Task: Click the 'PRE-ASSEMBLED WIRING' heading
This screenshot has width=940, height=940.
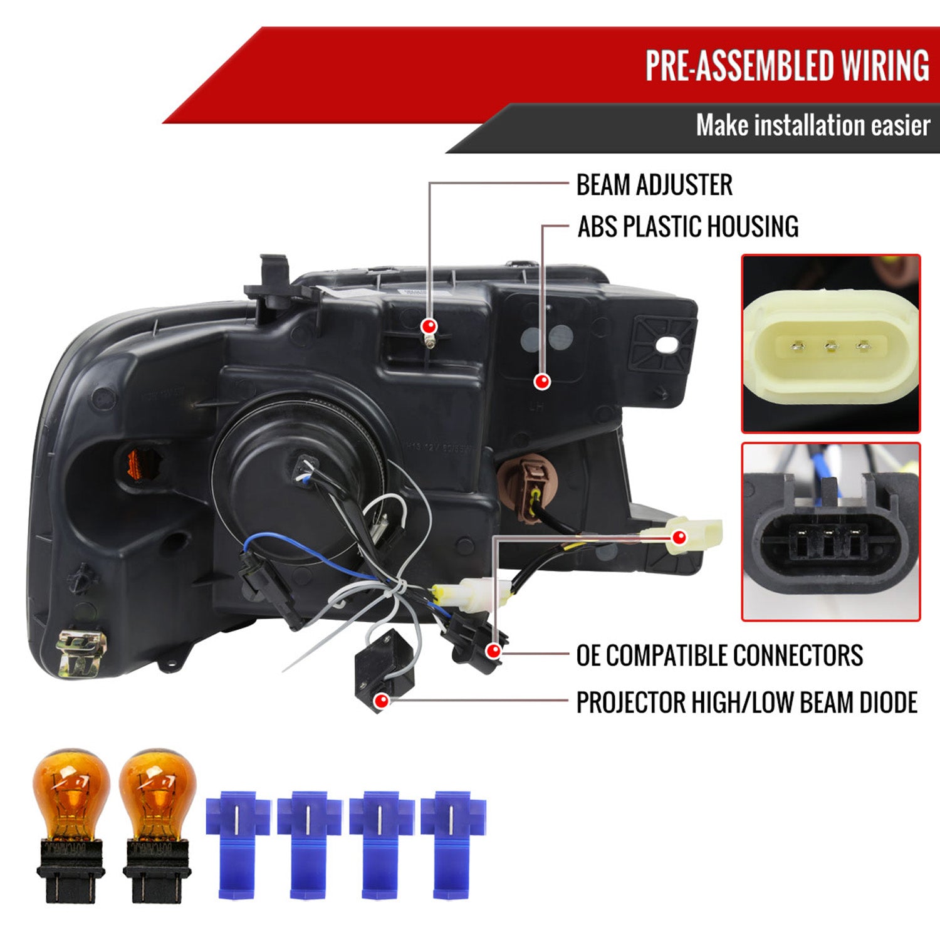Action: click(787, 65)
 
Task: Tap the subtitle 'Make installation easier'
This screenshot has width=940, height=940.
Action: click(813, 125)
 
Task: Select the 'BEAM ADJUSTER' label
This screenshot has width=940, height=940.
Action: click(654, 185)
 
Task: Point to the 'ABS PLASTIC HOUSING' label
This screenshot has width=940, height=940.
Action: click(688, 227)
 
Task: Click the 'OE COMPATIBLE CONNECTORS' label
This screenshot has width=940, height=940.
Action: click(719, 655)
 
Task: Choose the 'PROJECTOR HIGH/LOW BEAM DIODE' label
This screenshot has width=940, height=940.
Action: click(747, 702)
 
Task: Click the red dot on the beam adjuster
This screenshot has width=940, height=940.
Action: click(429, 326)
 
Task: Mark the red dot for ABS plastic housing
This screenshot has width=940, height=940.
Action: click(542, 381)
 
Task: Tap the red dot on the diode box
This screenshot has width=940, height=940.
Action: click(380, 701)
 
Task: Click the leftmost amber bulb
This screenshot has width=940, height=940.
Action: click(71, 824)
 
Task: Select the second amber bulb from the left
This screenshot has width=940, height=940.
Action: click(157, 824)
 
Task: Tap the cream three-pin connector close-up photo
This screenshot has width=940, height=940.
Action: click(831, 343)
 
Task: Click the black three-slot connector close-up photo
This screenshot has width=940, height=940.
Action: click(831, 531)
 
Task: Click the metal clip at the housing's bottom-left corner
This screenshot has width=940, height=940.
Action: click(81, 653)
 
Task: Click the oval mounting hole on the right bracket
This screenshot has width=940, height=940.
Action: click(670, 344)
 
